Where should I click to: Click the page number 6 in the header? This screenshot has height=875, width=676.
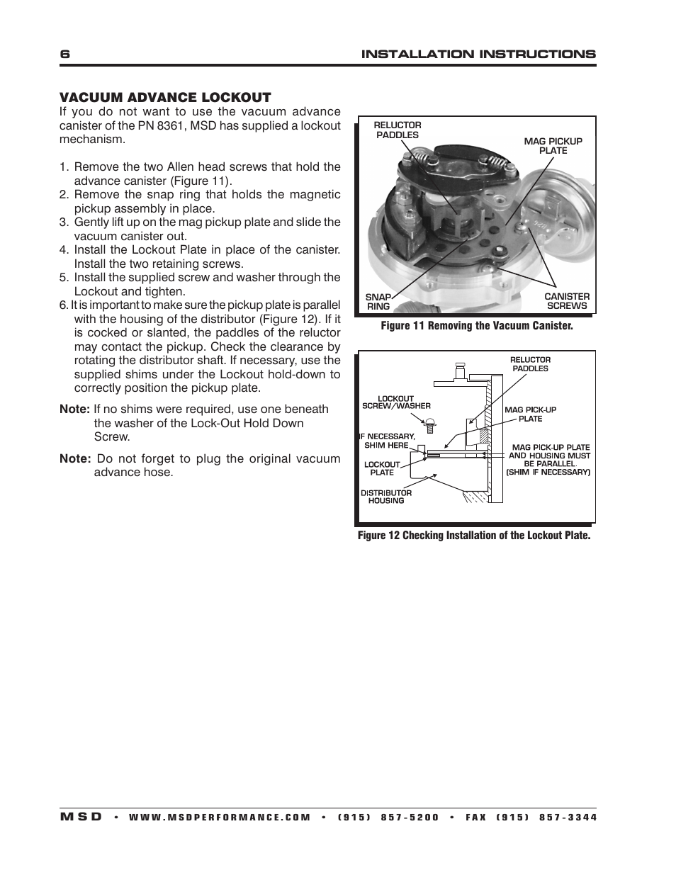click(64, 55)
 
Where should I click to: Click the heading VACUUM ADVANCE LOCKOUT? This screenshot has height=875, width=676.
click(165, 97)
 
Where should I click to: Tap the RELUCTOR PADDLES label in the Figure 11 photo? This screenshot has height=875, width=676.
click(397, 130)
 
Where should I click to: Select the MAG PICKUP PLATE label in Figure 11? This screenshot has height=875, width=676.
click(553, 145)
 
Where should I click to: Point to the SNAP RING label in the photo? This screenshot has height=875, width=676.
click(378, 301)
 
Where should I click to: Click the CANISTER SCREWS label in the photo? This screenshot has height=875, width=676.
click(567, 301)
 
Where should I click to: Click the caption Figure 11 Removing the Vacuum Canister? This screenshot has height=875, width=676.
click(476, 326)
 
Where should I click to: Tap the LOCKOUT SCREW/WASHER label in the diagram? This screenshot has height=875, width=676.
click(396, 402)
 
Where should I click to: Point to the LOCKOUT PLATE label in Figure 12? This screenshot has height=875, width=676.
click(382, 468)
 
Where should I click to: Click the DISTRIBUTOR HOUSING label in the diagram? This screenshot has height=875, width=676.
click(386, 497)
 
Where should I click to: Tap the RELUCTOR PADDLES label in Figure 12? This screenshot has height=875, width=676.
click(530, 364)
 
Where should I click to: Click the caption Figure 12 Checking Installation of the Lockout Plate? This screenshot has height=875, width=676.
click(473, 536)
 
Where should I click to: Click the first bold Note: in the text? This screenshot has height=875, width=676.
click(74, 410)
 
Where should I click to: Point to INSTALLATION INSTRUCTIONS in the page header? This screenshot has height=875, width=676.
click(479, 55)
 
